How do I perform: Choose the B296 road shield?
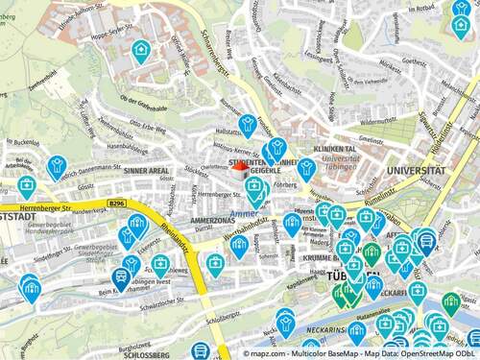pyautogui.click(x=117, y=204)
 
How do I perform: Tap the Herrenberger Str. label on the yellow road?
pyautogui.click(x=29, y=207)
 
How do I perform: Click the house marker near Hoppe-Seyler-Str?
pyautogui.click(x=141, y=48)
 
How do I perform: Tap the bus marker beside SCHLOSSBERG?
pyautogui.click(x=201, y=351)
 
